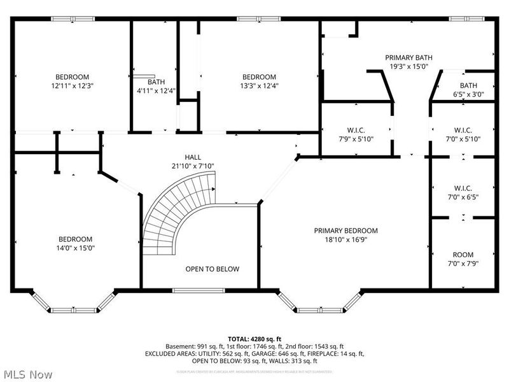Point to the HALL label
point(193,157)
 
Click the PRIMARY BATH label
point(408,57)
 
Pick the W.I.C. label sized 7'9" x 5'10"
point(356,130)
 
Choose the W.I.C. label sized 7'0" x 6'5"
point(463,188)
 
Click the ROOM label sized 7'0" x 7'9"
point(463,254)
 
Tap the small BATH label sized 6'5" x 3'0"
point(468,85)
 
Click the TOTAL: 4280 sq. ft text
point(254,338)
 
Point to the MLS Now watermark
point(27,374)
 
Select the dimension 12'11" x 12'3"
point(71,85)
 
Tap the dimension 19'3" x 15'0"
point(408,66)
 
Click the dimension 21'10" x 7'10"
point(193,166)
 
